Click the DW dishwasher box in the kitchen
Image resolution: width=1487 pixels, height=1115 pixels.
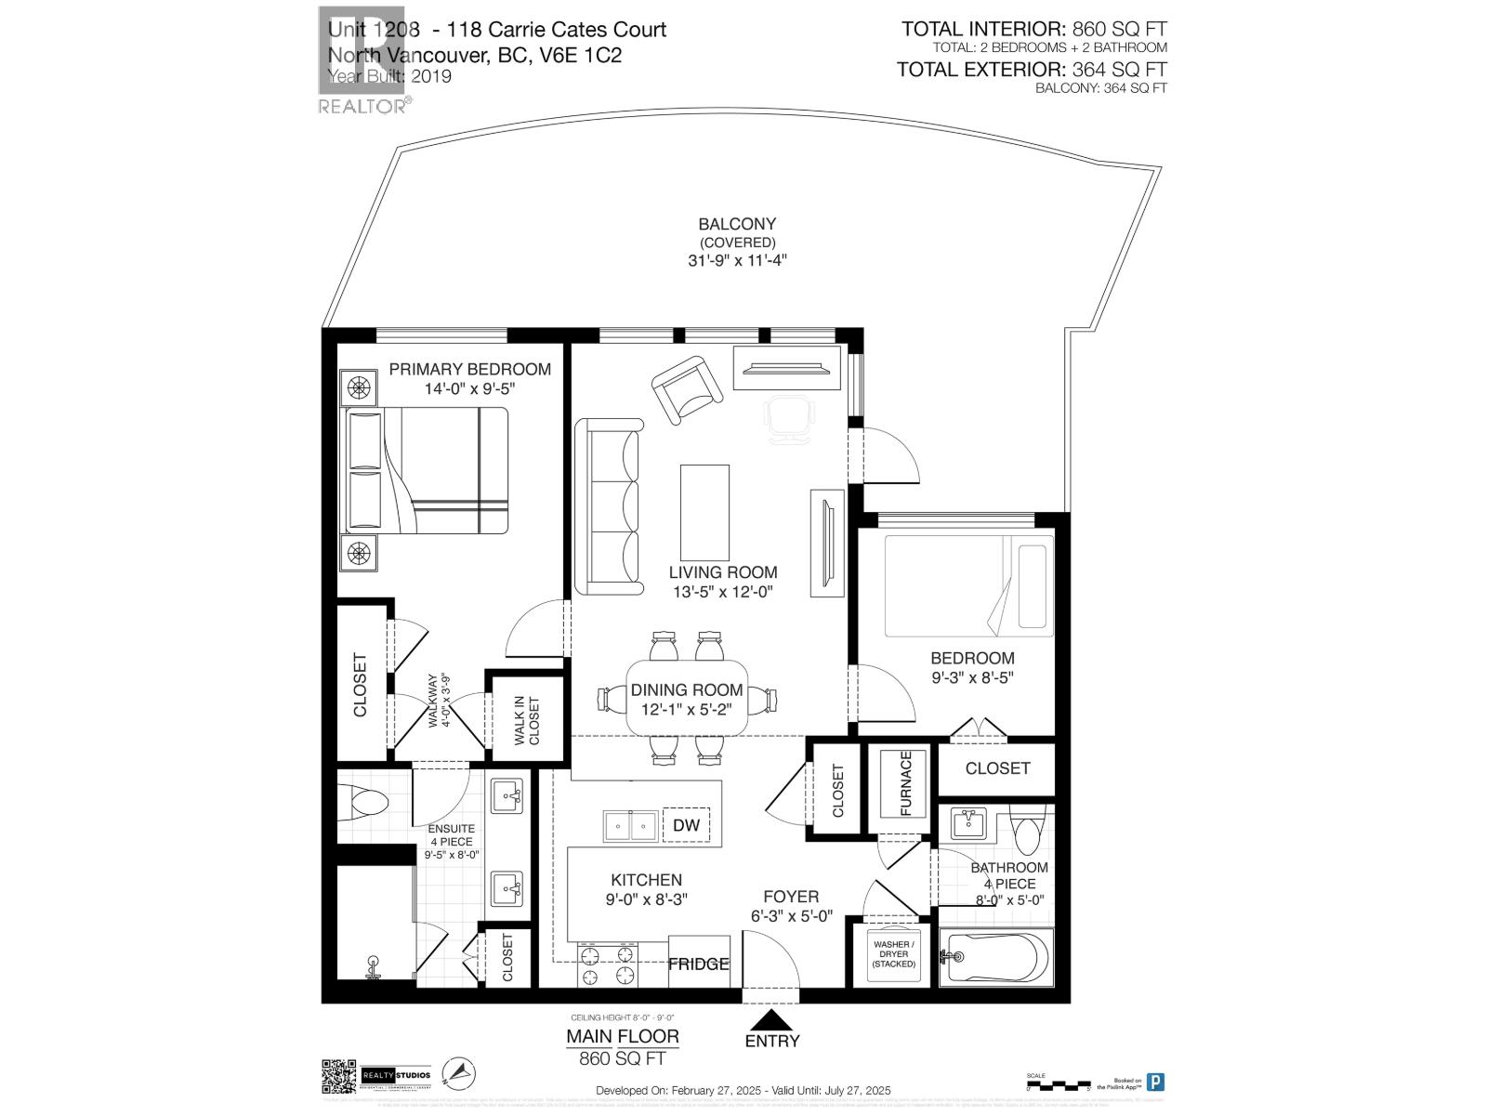point(686,825)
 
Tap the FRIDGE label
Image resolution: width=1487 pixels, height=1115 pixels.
point(698,964)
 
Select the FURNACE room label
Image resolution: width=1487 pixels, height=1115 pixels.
point(906,783)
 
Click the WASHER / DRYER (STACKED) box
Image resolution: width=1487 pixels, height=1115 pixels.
point(893,954)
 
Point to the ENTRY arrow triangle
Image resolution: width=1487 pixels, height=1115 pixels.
point(771,1020)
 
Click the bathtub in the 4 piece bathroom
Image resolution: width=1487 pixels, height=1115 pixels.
point(995,957)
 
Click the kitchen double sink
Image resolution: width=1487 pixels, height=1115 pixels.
point(630,825)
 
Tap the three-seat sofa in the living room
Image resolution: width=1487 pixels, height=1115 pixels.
point(610,506)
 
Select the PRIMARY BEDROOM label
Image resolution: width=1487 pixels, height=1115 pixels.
point(469,369)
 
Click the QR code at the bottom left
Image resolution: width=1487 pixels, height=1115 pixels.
point(339,1077)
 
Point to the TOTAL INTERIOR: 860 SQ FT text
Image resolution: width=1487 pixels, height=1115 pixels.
point(1033,30)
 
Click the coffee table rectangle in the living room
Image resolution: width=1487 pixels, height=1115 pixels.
point(704,512)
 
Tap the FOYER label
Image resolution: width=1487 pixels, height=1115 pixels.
point(791,897)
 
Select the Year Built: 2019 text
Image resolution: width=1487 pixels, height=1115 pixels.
point(389,76)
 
